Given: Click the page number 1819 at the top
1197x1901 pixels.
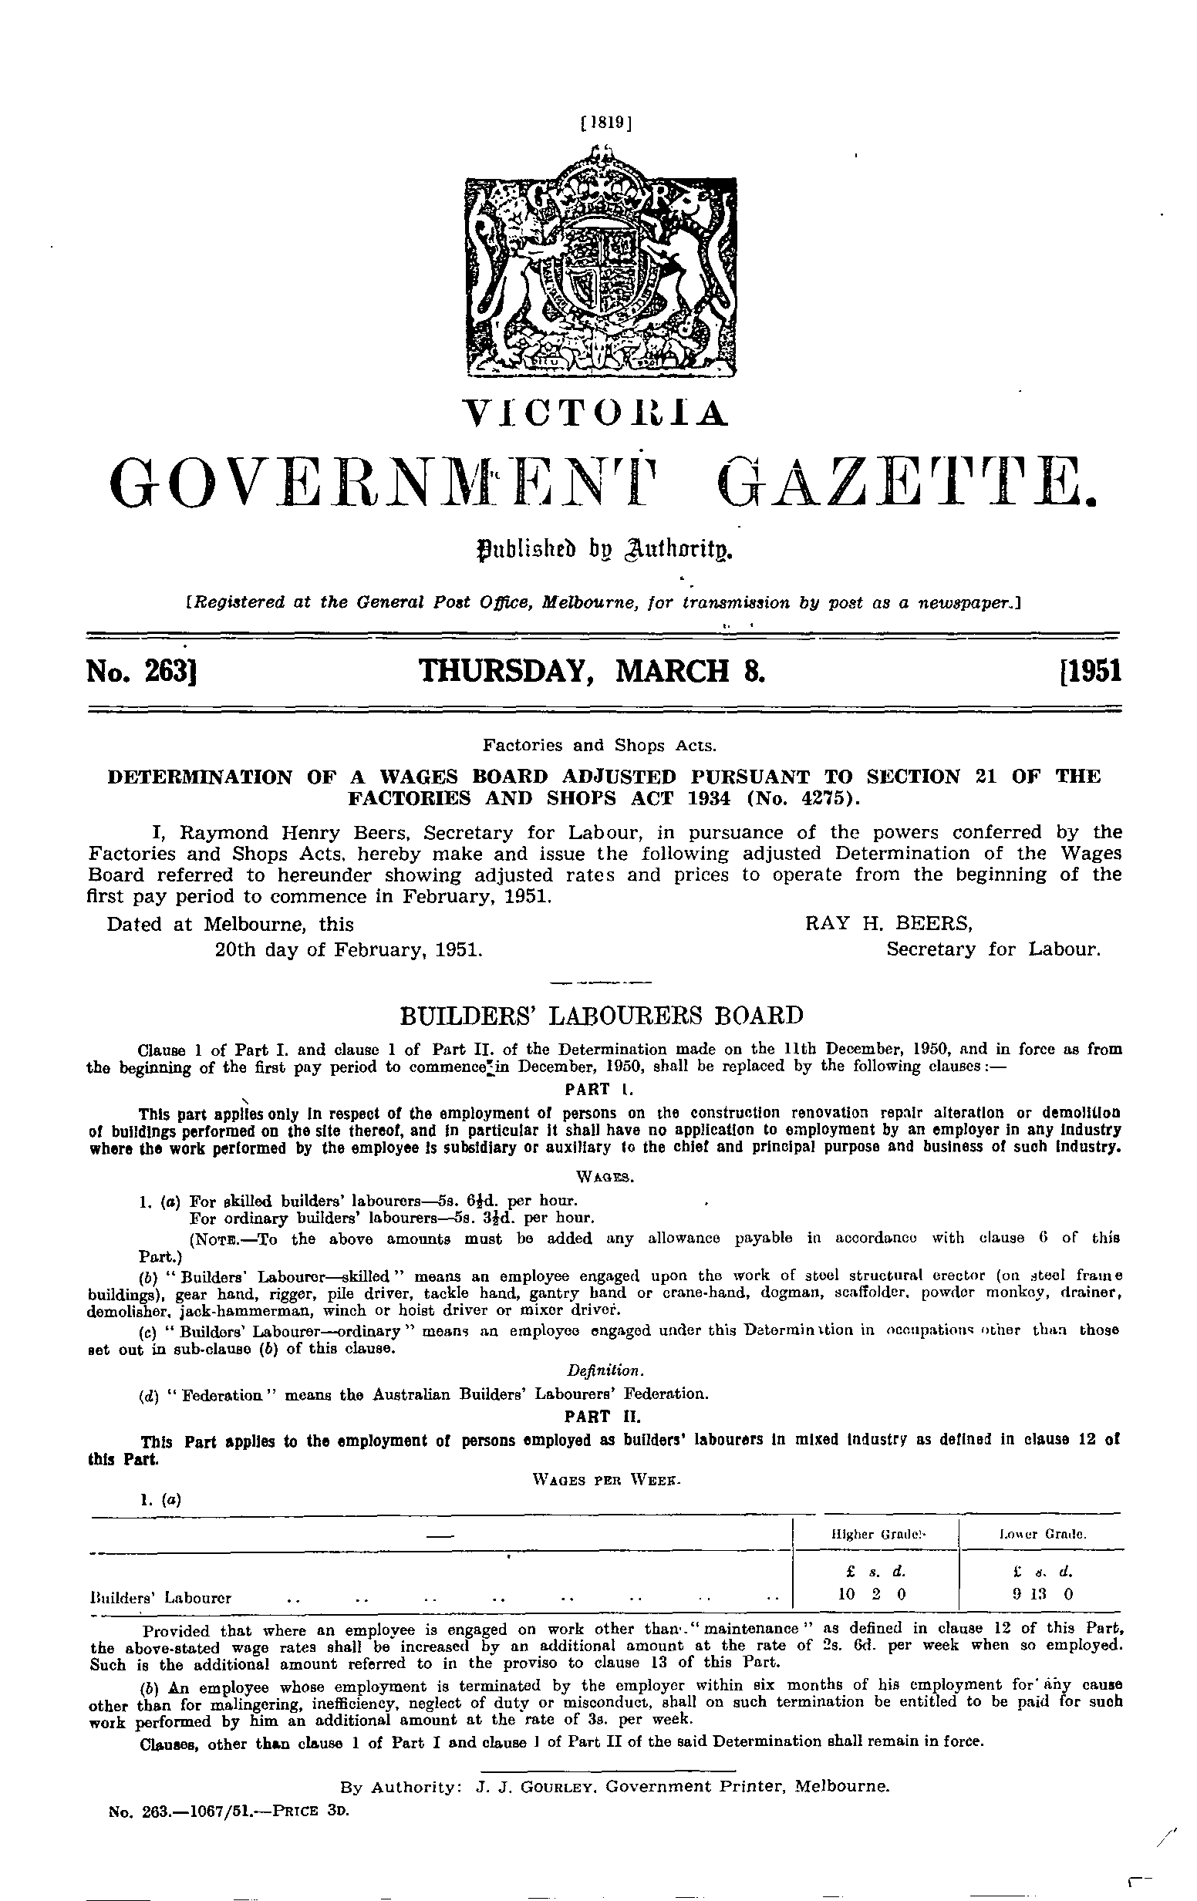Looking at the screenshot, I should pyautogui.click(x=605, y=123).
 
